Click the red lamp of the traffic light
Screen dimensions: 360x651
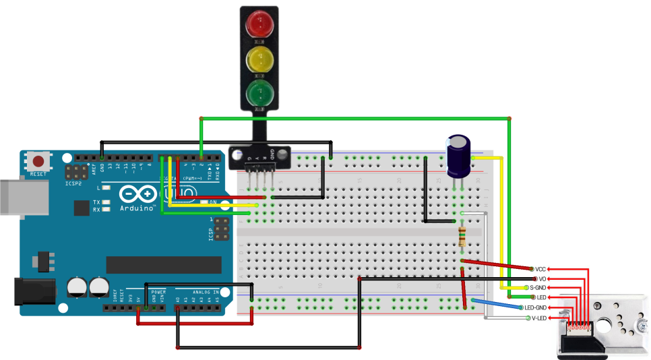[x=259, y=26]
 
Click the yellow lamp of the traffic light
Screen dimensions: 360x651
[x=259, y=59]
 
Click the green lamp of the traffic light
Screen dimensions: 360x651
[x=259, y=92]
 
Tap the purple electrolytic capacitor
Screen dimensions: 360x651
[x=459, y=156]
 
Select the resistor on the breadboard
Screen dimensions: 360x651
[x=462, y=237]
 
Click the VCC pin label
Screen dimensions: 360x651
[x=541, y=268]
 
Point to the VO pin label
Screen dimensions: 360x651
[x=542, y=278]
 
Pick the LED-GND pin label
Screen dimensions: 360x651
[x=538, y=307]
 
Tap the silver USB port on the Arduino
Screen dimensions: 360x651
[x=10, y=197]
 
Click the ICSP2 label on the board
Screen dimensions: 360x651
[x=73, y=182]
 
